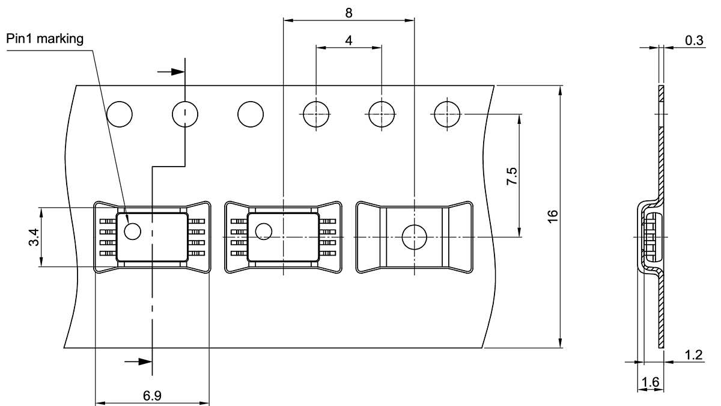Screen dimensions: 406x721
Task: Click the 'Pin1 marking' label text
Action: tap(45, 39)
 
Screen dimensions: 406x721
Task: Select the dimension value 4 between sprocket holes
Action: tap(348, 40)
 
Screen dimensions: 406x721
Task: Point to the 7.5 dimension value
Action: tap(512, 177)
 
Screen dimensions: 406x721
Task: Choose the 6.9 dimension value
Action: tap(151, 395)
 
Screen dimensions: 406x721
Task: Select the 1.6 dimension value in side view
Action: tap(650, 382)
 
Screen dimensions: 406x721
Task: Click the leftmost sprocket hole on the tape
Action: tap(120, 114)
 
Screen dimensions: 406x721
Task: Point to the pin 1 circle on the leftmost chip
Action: tap(132, 230)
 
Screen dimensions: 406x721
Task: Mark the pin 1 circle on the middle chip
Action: tap(263, 230)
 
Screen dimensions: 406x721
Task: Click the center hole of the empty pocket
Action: tap(414, 237)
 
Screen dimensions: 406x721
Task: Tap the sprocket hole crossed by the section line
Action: tap(185, 114)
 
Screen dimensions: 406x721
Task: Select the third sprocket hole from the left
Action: tap(251, 114)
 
